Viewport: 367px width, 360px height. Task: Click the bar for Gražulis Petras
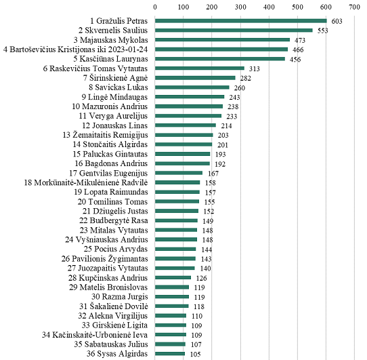(241, 21)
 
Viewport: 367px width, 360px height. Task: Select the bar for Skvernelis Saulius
(234, 31)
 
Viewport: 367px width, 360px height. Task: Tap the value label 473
(300, 40)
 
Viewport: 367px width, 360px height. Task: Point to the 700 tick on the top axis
(354, 7)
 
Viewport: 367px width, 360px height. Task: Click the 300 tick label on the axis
(240, 7)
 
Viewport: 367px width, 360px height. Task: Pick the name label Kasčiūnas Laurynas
(110, 59)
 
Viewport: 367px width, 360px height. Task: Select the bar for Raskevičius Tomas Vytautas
(200, 68)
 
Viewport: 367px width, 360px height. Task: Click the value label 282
(246, 78)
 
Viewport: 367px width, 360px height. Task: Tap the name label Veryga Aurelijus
(113, 116)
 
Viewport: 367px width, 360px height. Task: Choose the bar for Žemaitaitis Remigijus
(184, 135)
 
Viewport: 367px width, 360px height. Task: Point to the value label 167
(213, 174)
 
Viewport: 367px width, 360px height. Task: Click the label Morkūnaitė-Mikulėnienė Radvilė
(86, 182)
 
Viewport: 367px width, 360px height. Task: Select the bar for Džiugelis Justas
(177, 211)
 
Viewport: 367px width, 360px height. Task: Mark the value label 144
(207, 249)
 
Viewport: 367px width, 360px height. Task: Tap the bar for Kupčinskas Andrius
(173, 277)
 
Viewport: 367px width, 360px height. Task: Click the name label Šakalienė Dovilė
(114, 306)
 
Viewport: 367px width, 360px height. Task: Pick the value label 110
(197, 316)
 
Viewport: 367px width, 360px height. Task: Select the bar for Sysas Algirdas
(170, 354)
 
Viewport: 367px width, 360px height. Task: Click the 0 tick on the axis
(155, 7)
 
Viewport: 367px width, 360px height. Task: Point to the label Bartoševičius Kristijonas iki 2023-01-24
(76, 49)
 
